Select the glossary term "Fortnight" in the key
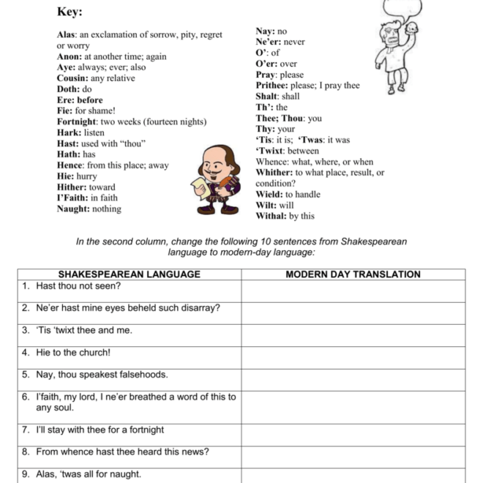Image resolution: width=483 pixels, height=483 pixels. [78, 121]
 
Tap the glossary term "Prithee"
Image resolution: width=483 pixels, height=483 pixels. [272, 86]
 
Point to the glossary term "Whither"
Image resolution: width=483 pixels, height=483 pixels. [273, 173]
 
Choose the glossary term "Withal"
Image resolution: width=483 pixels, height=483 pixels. [271, 216]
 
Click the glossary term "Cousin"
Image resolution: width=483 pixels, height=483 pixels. [72, 78]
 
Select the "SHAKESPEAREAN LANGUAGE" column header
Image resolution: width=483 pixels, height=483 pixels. [129, 274]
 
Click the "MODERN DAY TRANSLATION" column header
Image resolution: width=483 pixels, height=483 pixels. [353, 274]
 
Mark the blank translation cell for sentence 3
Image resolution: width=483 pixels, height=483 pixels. [353, 330]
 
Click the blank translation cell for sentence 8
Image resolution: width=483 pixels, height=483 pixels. [353, 452]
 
